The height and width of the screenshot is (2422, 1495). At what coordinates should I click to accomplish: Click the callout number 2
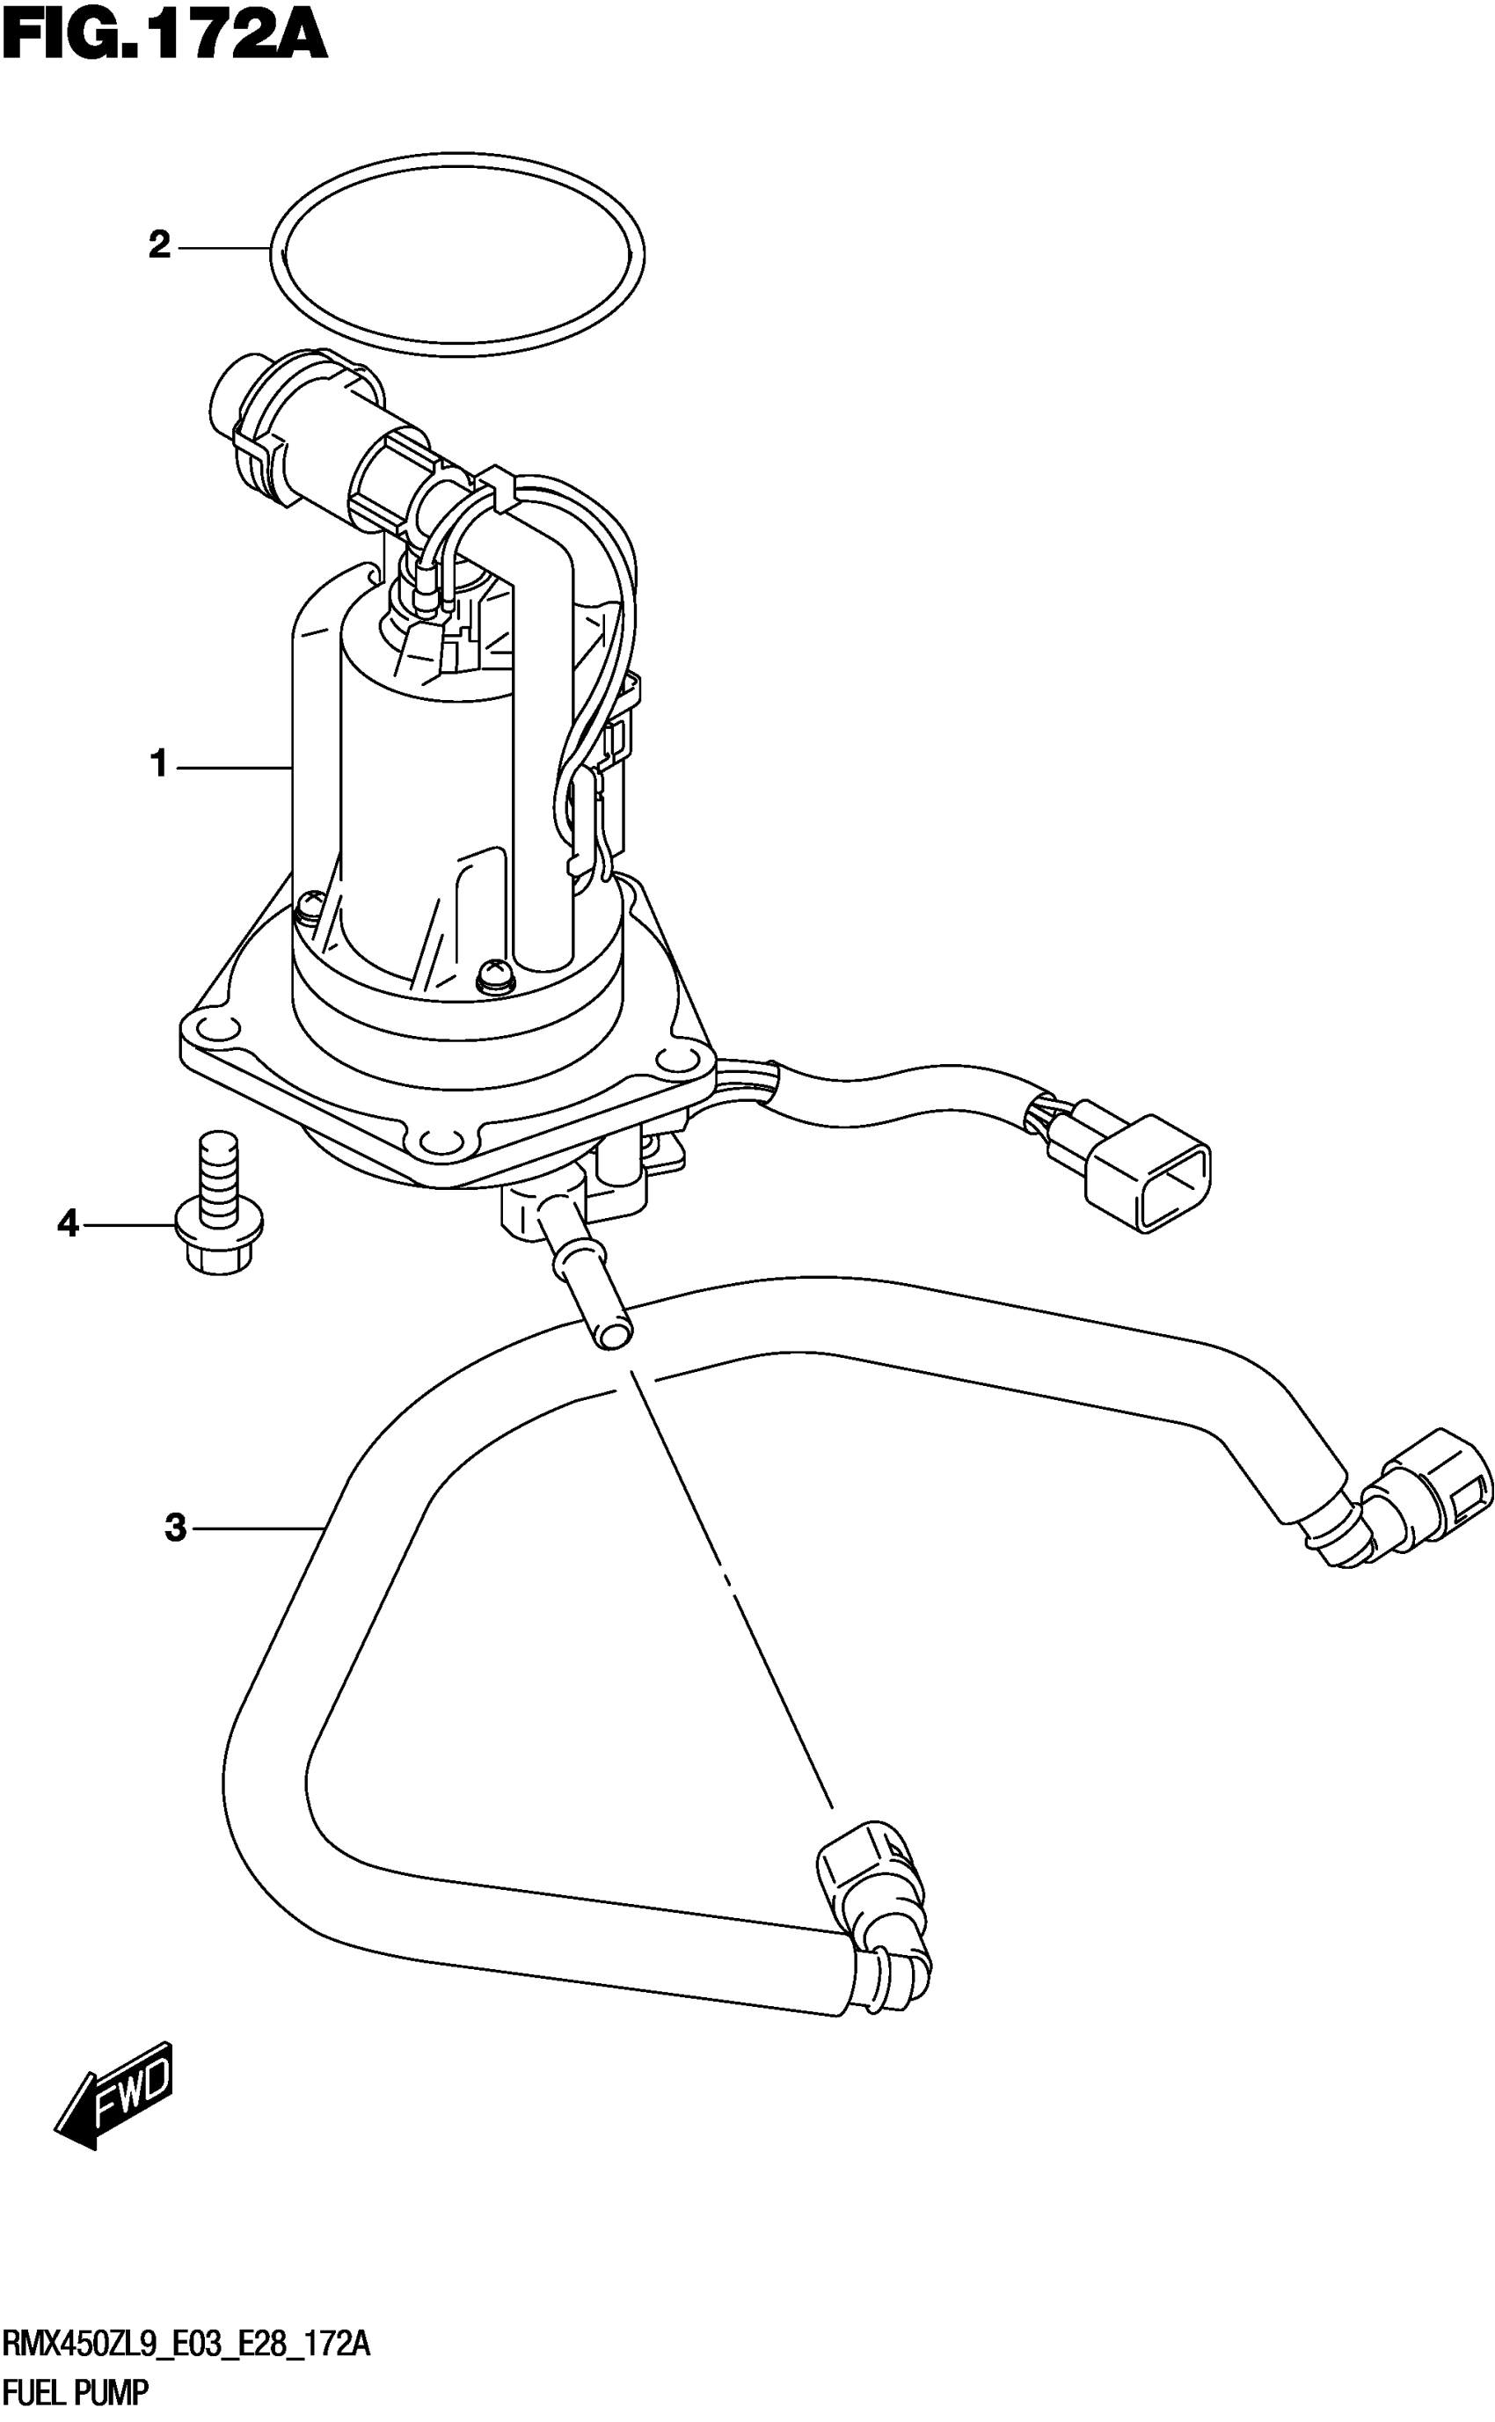[159, 245]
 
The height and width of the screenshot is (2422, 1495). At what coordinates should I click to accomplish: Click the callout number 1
[159, 765]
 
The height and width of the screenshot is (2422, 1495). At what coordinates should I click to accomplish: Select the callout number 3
[176, 1528]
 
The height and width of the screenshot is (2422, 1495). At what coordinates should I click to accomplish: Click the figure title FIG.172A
[164, 38]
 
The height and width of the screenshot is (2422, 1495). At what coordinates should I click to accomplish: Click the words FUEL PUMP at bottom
[77, 2392]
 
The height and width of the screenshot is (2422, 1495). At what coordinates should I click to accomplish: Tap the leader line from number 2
[223, 246]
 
